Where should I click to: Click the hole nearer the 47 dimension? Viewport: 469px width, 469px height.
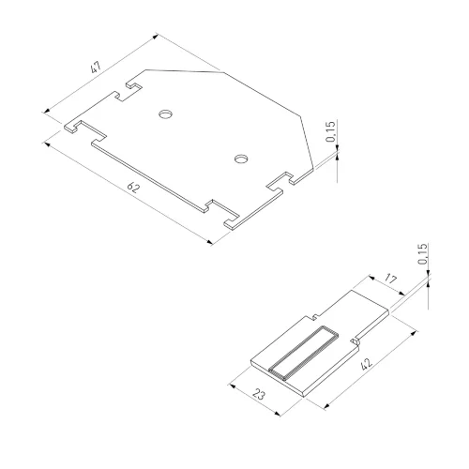166,114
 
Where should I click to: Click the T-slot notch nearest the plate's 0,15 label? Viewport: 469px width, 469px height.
281,184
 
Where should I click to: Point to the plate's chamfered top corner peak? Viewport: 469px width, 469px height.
223,70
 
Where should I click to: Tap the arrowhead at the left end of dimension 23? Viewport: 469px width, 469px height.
231,385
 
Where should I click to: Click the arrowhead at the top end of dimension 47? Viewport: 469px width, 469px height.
156,37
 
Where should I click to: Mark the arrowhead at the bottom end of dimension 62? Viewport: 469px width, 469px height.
211,242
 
